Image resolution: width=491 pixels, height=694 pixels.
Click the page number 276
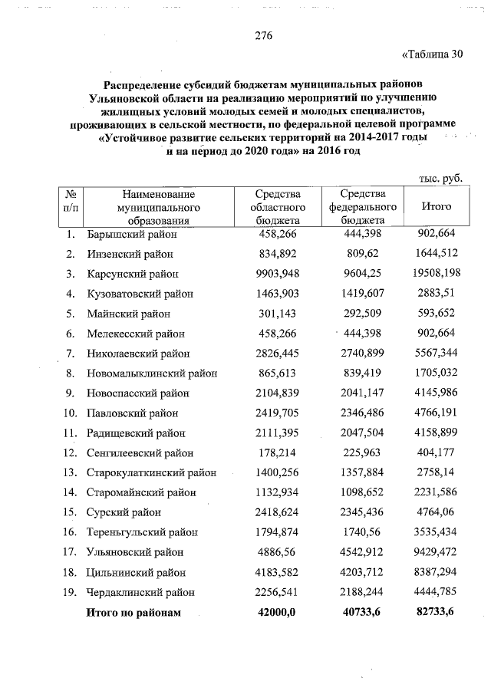[263, 36]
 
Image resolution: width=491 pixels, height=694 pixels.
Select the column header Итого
[437, 207]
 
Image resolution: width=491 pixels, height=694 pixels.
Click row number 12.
[70, 453]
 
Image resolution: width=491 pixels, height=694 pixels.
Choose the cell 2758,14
[437, 473]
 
